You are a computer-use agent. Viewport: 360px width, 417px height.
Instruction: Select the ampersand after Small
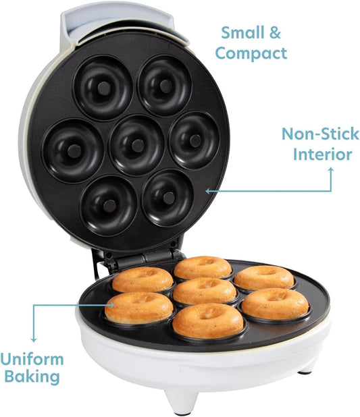275,32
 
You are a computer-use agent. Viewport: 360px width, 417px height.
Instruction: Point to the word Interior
322,154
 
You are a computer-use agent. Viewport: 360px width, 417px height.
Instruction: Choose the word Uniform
32,358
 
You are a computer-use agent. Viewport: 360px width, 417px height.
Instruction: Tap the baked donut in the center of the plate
205,291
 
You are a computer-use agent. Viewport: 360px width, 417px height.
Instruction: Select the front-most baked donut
207,321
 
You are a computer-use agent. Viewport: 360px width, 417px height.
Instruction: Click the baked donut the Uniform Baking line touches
138,308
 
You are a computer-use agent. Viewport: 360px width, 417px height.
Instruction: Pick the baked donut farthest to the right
275,304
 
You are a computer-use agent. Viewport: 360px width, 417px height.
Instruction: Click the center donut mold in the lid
137,145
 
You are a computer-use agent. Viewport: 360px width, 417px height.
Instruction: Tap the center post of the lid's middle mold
137,145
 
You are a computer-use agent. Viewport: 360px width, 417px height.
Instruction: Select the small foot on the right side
307,367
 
